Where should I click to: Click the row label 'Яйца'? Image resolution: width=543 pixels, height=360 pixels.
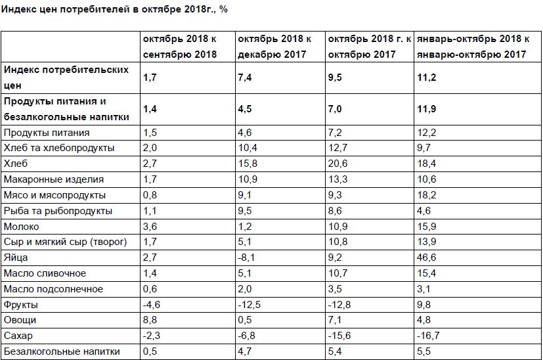point(14,258)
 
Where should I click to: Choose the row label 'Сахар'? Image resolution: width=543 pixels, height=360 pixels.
point(17,336)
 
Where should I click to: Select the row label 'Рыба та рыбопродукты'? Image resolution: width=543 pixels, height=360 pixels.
point(58,211)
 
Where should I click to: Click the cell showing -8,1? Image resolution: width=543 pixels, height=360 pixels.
point(246,258)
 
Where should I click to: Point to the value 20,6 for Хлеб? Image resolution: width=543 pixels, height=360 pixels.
point(337,164)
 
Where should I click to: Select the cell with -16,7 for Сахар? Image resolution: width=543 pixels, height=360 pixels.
point(427,336)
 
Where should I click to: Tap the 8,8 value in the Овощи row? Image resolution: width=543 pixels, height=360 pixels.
point(150,321)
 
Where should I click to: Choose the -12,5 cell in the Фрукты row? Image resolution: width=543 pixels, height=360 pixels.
point(249,305)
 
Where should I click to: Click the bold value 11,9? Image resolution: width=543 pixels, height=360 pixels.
point(426,109)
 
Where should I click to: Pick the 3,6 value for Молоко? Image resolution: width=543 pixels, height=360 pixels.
point(150,227)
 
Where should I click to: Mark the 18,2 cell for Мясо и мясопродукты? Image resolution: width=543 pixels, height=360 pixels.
point(426,195)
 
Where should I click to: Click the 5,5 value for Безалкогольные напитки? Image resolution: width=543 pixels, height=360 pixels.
point(424,352)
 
